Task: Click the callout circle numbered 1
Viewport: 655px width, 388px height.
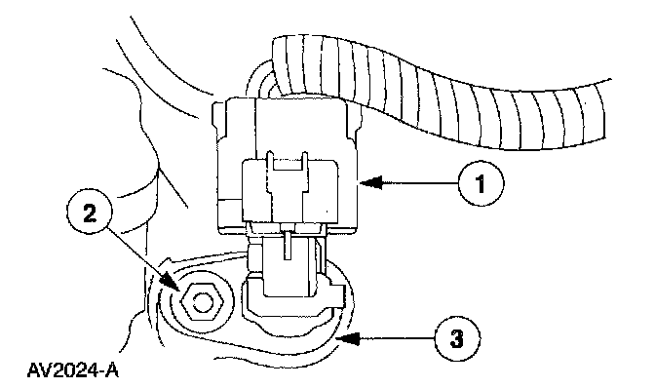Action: click(481, 182)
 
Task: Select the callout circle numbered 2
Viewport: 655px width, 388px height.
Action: click(90, 215)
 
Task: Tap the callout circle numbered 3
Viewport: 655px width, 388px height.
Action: click(456, 338)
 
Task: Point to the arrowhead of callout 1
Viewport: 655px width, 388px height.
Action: click(370, 182)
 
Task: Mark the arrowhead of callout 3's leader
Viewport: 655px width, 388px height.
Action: click(348, 338)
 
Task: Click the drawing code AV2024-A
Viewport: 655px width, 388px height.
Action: click(73, 370)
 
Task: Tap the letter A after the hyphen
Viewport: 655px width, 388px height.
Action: click(111, 370)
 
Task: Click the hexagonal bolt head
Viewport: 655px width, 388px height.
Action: click(201, 302)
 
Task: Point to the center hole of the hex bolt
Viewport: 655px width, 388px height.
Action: click(201, 302)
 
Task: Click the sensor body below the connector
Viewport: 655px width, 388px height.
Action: click(292, 289)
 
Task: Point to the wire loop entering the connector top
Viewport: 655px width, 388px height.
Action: click(260, 79)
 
